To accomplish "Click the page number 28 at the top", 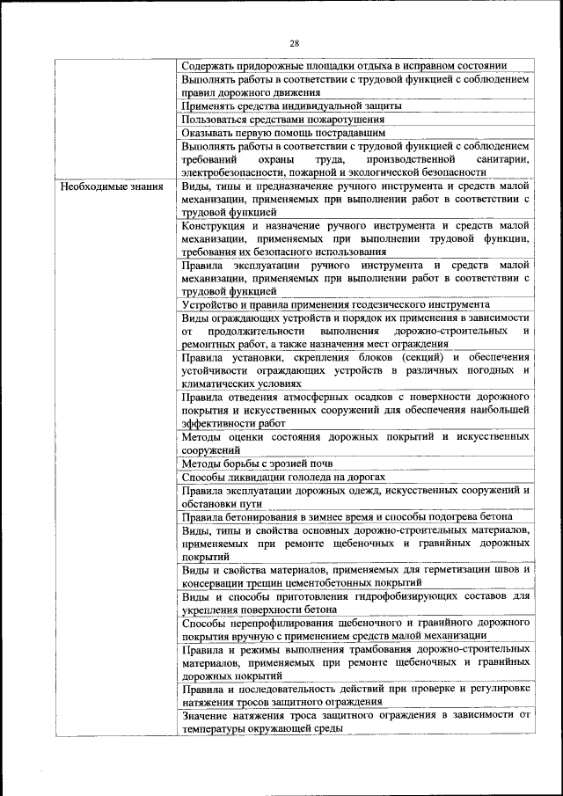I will [x=295, y=43].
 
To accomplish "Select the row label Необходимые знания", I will [x=111, y=186].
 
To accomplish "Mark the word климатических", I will [x=220, y=383].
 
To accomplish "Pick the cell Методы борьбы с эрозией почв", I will [x=257, y=463].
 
